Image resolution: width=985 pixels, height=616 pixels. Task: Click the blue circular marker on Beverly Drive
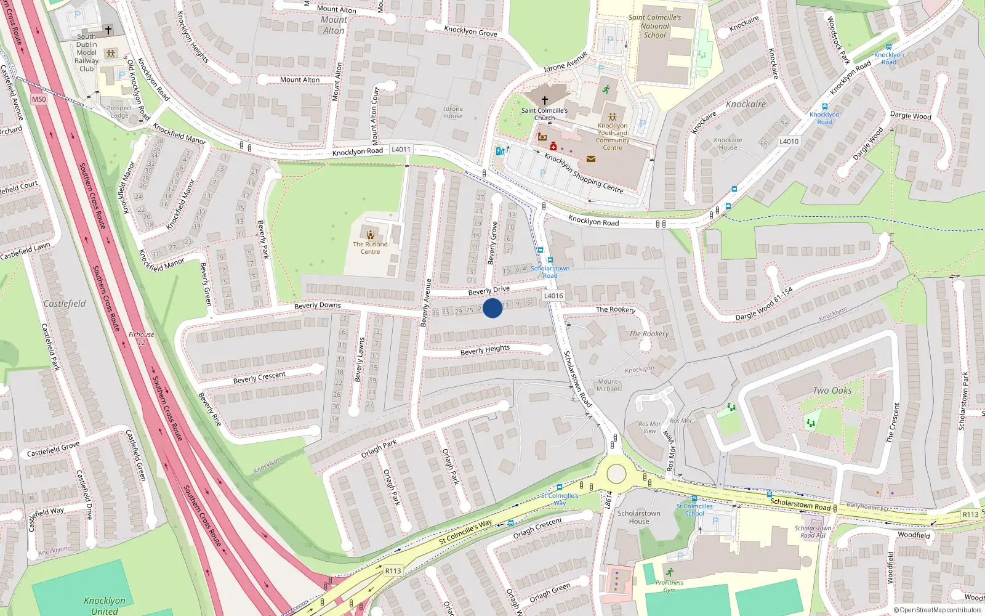(x=492, y=307)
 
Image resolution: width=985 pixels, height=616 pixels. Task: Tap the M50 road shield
(x=39, y=99)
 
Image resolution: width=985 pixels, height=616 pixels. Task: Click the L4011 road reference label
(x=401, y=150)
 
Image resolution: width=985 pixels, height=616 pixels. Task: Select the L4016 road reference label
(x=553, y=296)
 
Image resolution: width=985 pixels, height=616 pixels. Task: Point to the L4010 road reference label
(x=789, y=142)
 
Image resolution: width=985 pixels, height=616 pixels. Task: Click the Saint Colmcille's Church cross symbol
(x=544, y=100)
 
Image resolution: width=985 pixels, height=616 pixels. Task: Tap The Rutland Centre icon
(x=370, y=234)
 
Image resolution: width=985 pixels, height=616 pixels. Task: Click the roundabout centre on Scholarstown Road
(x=616, y=474)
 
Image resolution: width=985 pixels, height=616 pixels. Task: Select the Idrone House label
(x=453, y=112)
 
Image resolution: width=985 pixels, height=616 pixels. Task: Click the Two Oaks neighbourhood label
(x=832, y=391)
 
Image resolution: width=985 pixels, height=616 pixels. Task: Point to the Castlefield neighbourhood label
(x=65, y=304)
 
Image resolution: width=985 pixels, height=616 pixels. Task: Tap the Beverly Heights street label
(x=485, y=350)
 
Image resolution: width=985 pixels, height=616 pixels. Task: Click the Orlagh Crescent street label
(x=537, y=528)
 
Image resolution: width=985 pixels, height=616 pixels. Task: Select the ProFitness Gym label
(x=669, y=586)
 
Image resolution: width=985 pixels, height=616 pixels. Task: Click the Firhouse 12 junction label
(x=142, y=338)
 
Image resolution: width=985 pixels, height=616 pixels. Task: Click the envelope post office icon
(x=591, y=159)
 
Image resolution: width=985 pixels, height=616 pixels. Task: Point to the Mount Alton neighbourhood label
(x=334, y=25)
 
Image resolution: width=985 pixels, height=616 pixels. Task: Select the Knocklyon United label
(x=105, y=606)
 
